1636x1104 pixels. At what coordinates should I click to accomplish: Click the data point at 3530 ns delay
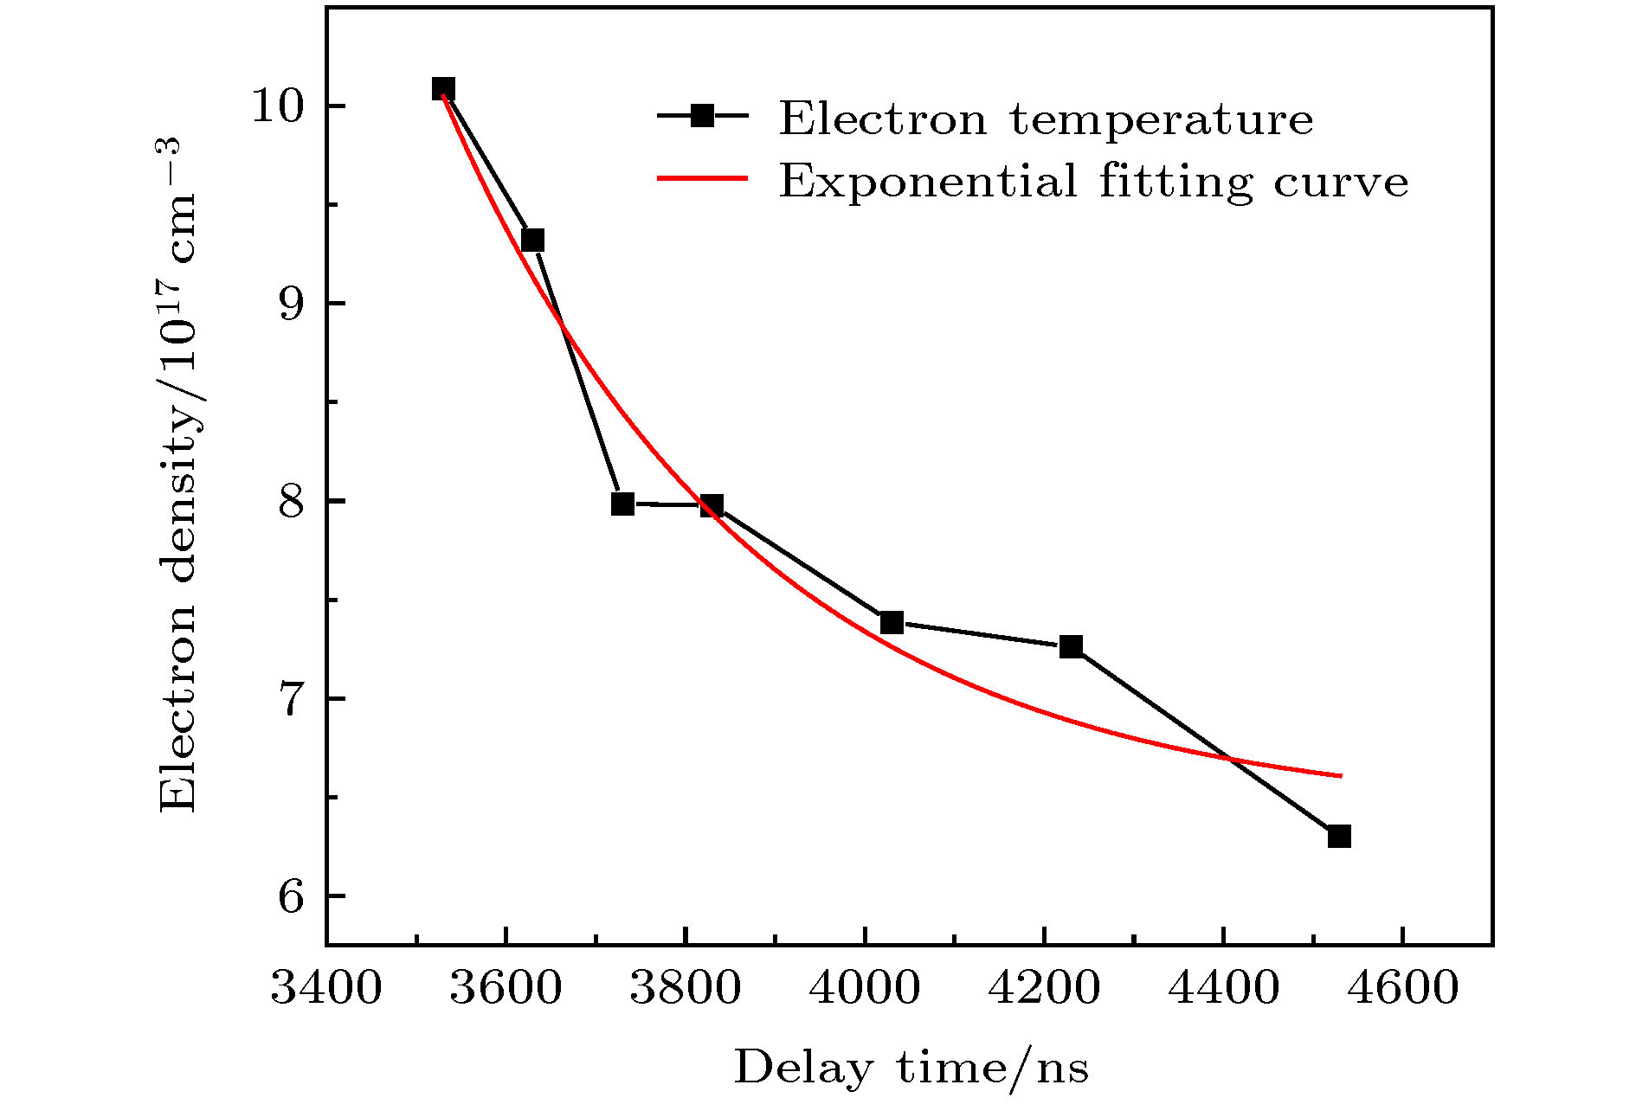coord(443,89)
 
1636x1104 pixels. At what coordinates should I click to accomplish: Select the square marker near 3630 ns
coord(532,240)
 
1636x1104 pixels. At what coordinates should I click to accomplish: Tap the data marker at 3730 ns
coord(622,503)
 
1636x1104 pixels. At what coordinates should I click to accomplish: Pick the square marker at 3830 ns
coord(712,505)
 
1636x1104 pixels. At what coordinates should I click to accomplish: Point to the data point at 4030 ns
coord(892,622)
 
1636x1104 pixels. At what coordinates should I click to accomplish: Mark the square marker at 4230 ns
coord(1071,646)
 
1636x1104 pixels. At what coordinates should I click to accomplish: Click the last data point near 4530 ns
coord(1339,836)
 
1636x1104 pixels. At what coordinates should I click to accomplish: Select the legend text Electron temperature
coord(1046,119)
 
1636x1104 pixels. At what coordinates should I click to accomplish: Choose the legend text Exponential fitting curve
coord(1093,181)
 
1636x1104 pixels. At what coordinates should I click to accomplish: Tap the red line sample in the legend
coord(702,178)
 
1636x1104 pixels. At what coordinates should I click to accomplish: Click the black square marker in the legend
coord(702,116)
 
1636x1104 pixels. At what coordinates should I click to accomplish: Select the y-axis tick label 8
coord(293,501)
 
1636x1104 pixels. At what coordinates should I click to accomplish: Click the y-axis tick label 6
coord(293,896)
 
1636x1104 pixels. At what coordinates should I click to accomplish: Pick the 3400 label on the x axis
coord(326,988)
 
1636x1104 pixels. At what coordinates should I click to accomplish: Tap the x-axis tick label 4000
coord(864,988)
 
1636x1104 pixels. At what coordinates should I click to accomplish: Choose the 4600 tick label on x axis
coord(1402,988)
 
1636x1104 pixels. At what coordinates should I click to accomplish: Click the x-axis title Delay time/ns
coord(911,1068)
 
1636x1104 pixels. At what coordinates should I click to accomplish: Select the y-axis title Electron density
coord(177,476)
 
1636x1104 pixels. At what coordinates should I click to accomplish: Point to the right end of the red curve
coord(1340,775)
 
